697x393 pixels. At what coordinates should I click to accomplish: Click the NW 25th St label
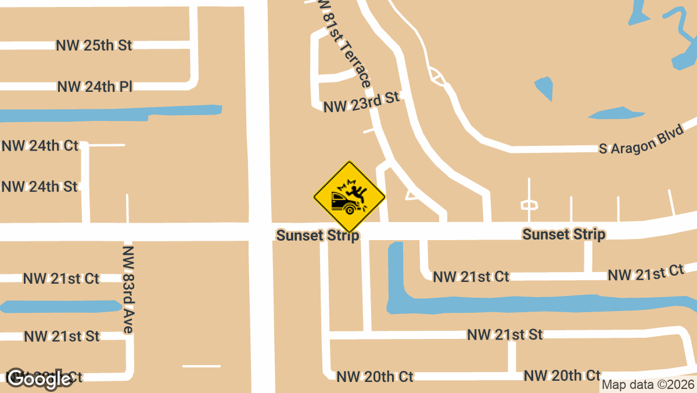pos(94,45)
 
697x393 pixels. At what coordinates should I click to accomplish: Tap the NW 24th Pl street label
pos(95,87)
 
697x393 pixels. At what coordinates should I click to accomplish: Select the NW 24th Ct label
pos(39,145)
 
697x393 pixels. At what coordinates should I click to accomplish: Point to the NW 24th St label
pos(39,187)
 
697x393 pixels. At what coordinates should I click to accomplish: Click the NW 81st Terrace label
pos(345,44)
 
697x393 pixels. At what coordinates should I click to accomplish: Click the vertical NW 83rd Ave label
pos(128,290)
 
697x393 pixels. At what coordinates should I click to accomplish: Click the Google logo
pos(39,379)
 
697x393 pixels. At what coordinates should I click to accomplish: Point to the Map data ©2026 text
pos(648,385)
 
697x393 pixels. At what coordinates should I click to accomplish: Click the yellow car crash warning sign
pos(350,196)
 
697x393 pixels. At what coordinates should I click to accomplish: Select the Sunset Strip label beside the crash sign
pos(318,235)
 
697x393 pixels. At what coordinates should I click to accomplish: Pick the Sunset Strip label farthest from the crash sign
pos(563,234)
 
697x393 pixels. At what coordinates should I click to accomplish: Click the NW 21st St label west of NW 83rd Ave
pos(62,336)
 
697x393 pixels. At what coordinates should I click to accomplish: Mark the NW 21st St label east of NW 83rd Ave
pos(505,334)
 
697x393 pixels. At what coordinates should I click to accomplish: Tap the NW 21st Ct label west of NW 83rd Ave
pos(61,278)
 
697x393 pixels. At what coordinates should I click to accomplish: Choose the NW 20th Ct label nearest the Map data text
pos(562,376)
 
